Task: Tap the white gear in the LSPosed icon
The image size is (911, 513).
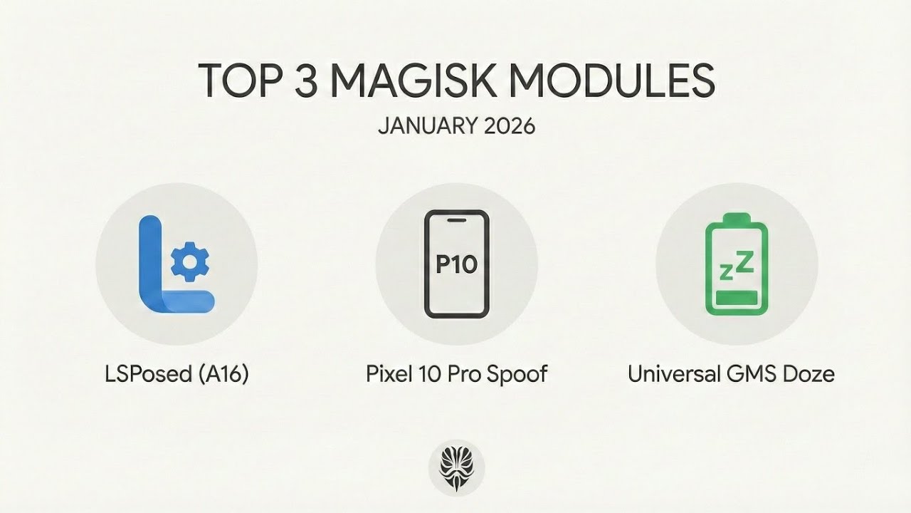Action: pos(189,261)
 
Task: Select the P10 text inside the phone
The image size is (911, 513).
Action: pos(456,264)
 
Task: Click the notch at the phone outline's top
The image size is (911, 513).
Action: pos(456,220)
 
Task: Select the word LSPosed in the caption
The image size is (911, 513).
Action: pos(149,373)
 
